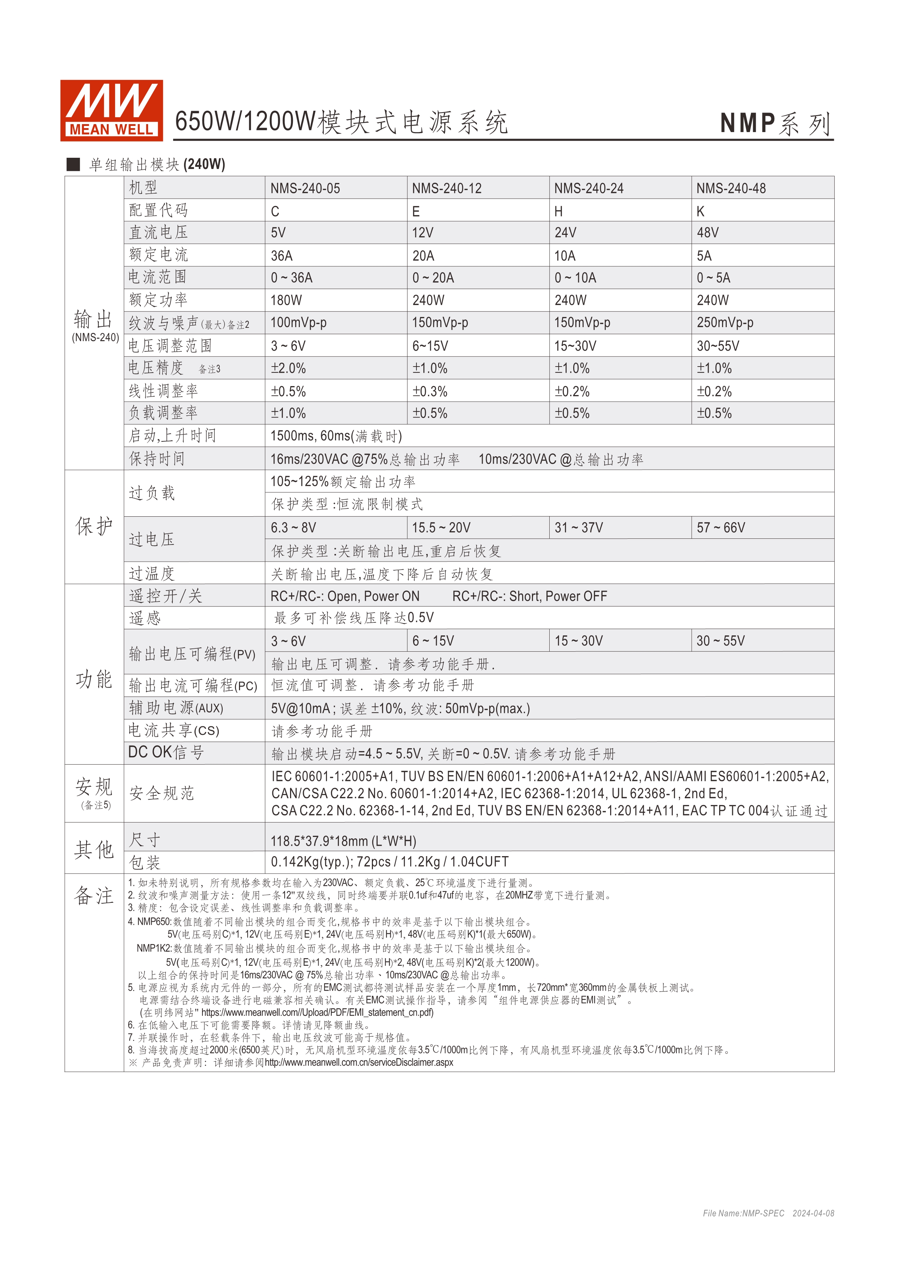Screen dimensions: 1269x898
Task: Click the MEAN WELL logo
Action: (111, 110)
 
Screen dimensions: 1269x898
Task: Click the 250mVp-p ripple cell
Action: (724, 323)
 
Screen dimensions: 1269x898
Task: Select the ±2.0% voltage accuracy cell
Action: (288, 368)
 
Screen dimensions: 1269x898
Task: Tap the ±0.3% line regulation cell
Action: (430, 391)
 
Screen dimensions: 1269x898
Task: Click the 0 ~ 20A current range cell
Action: (433, 278)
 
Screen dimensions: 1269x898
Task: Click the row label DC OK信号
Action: (166, 752)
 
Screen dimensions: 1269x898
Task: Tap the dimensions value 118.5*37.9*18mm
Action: (343, 841)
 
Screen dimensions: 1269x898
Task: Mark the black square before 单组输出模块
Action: (73, 164)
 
